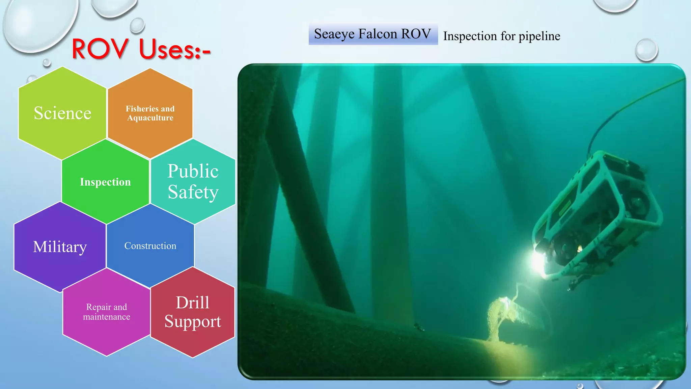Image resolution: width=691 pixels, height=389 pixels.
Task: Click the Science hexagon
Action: (62, 113)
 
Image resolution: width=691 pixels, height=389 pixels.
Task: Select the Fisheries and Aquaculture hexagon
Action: (150, 113)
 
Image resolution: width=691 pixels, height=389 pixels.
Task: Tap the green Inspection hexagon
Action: (105, 182)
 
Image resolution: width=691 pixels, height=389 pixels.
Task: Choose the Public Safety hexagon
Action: (193, 181)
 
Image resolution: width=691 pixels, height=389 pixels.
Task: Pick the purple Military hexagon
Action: (60, 247)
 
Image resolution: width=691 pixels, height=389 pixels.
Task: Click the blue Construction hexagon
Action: (150, 246)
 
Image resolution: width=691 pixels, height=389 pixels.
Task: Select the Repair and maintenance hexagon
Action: (107, 312)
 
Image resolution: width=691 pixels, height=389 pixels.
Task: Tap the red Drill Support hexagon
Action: (193, 312)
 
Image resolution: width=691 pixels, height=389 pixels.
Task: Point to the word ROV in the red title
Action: (100, 49)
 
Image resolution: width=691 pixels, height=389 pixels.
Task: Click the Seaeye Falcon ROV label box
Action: (373, 34)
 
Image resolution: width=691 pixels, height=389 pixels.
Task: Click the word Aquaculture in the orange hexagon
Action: (150, 118)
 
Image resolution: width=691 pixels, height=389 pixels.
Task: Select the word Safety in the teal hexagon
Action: (193, 192)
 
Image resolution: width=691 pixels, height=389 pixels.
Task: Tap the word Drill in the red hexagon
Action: (193, 302)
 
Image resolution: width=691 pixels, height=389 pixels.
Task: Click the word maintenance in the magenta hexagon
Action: (107, 317)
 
